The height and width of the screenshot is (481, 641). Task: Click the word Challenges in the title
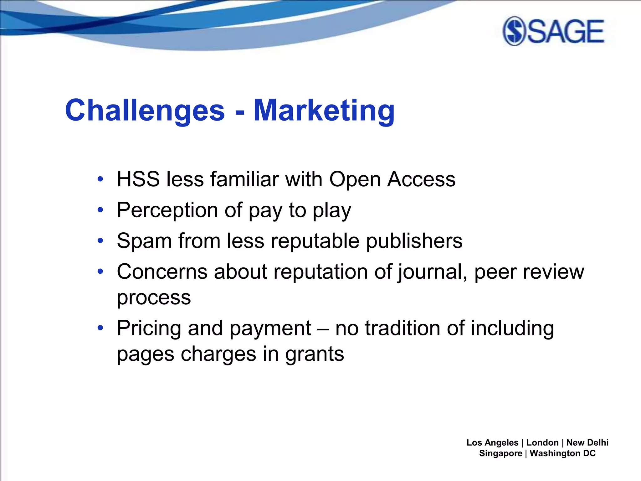[x=145, y=110]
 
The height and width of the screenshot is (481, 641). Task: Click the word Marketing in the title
[x=324, y=110]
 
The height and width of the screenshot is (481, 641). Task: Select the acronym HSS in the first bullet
[x=138, y=179]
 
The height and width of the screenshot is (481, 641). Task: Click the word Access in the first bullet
[x=421, y=179]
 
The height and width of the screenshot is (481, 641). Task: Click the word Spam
[x=144, y=241]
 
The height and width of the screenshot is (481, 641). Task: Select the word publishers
[x=414, y=241]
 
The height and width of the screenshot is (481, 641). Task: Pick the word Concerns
[x=162, y=272]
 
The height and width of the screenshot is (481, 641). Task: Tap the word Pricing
[x=149, y=328]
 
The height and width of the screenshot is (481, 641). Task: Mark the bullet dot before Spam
[x=100, y=241]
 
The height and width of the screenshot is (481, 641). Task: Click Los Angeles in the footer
[x=492, y=442]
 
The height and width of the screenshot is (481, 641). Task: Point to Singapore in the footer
[x=500, y=453]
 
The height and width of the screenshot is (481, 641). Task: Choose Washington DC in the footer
[x=562, y=453]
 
